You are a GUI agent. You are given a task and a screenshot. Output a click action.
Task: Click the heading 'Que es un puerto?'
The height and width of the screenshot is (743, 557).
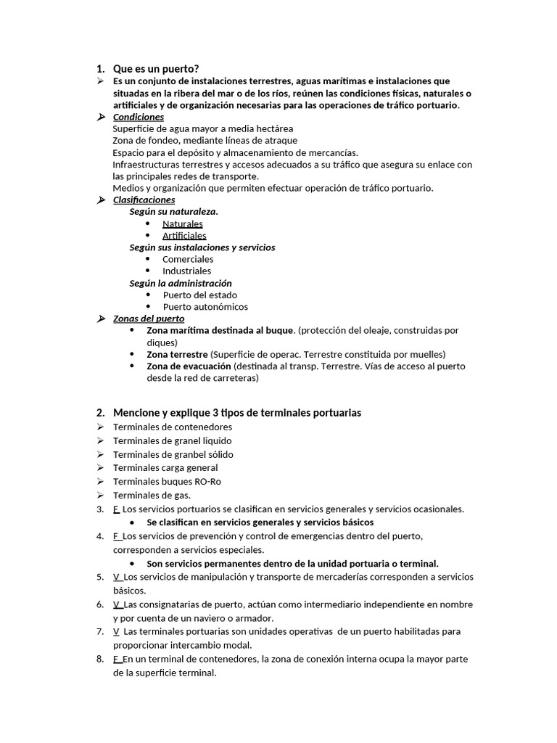(156, 69)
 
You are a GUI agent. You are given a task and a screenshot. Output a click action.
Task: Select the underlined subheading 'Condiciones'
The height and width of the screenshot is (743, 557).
(139, 117)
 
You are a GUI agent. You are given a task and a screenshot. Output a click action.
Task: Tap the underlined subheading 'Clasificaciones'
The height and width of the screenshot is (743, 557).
(144, 200)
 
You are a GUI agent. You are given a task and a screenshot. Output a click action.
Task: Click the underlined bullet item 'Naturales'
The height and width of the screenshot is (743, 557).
(183, 223)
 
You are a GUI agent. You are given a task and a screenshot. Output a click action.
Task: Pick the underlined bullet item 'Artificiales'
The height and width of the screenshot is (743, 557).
(184, 235)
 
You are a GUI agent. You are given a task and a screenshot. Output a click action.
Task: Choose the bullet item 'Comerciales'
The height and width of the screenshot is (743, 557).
(188, 259)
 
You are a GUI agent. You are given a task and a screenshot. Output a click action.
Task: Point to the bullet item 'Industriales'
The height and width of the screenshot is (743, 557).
(187, 271)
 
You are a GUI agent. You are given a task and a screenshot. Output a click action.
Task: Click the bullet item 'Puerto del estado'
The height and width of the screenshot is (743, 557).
(199, 295)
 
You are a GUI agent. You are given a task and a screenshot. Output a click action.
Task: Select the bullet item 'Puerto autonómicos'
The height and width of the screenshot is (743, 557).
(205, 306)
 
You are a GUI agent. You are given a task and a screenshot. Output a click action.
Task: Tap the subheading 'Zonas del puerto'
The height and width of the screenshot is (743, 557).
(149, 319)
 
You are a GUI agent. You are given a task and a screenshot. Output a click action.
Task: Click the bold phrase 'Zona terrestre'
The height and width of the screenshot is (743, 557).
(177, 354)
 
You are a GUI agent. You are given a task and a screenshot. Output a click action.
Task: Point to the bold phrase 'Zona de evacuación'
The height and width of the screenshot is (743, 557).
(183, 366)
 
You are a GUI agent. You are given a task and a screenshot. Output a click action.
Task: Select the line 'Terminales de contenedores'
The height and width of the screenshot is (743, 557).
(173, 427)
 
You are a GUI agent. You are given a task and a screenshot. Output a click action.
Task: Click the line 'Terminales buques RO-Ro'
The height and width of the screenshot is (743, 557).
(168, 481)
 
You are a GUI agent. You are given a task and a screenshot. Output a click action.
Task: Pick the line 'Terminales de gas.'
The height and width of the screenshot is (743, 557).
(152, 495)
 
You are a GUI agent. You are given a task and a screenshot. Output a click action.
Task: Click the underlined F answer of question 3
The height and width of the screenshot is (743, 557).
(116, 509)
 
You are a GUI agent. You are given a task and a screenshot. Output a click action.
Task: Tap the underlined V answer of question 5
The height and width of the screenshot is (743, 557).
(117, 577)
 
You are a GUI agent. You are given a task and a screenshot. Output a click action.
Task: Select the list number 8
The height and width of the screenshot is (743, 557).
(99, 659)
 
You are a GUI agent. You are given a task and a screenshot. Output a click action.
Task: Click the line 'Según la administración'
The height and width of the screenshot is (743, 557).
(181, 283)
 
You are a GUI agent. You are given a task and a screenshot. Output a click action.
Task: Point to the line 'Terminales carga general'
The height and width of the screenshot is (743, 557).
(165, 468)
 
